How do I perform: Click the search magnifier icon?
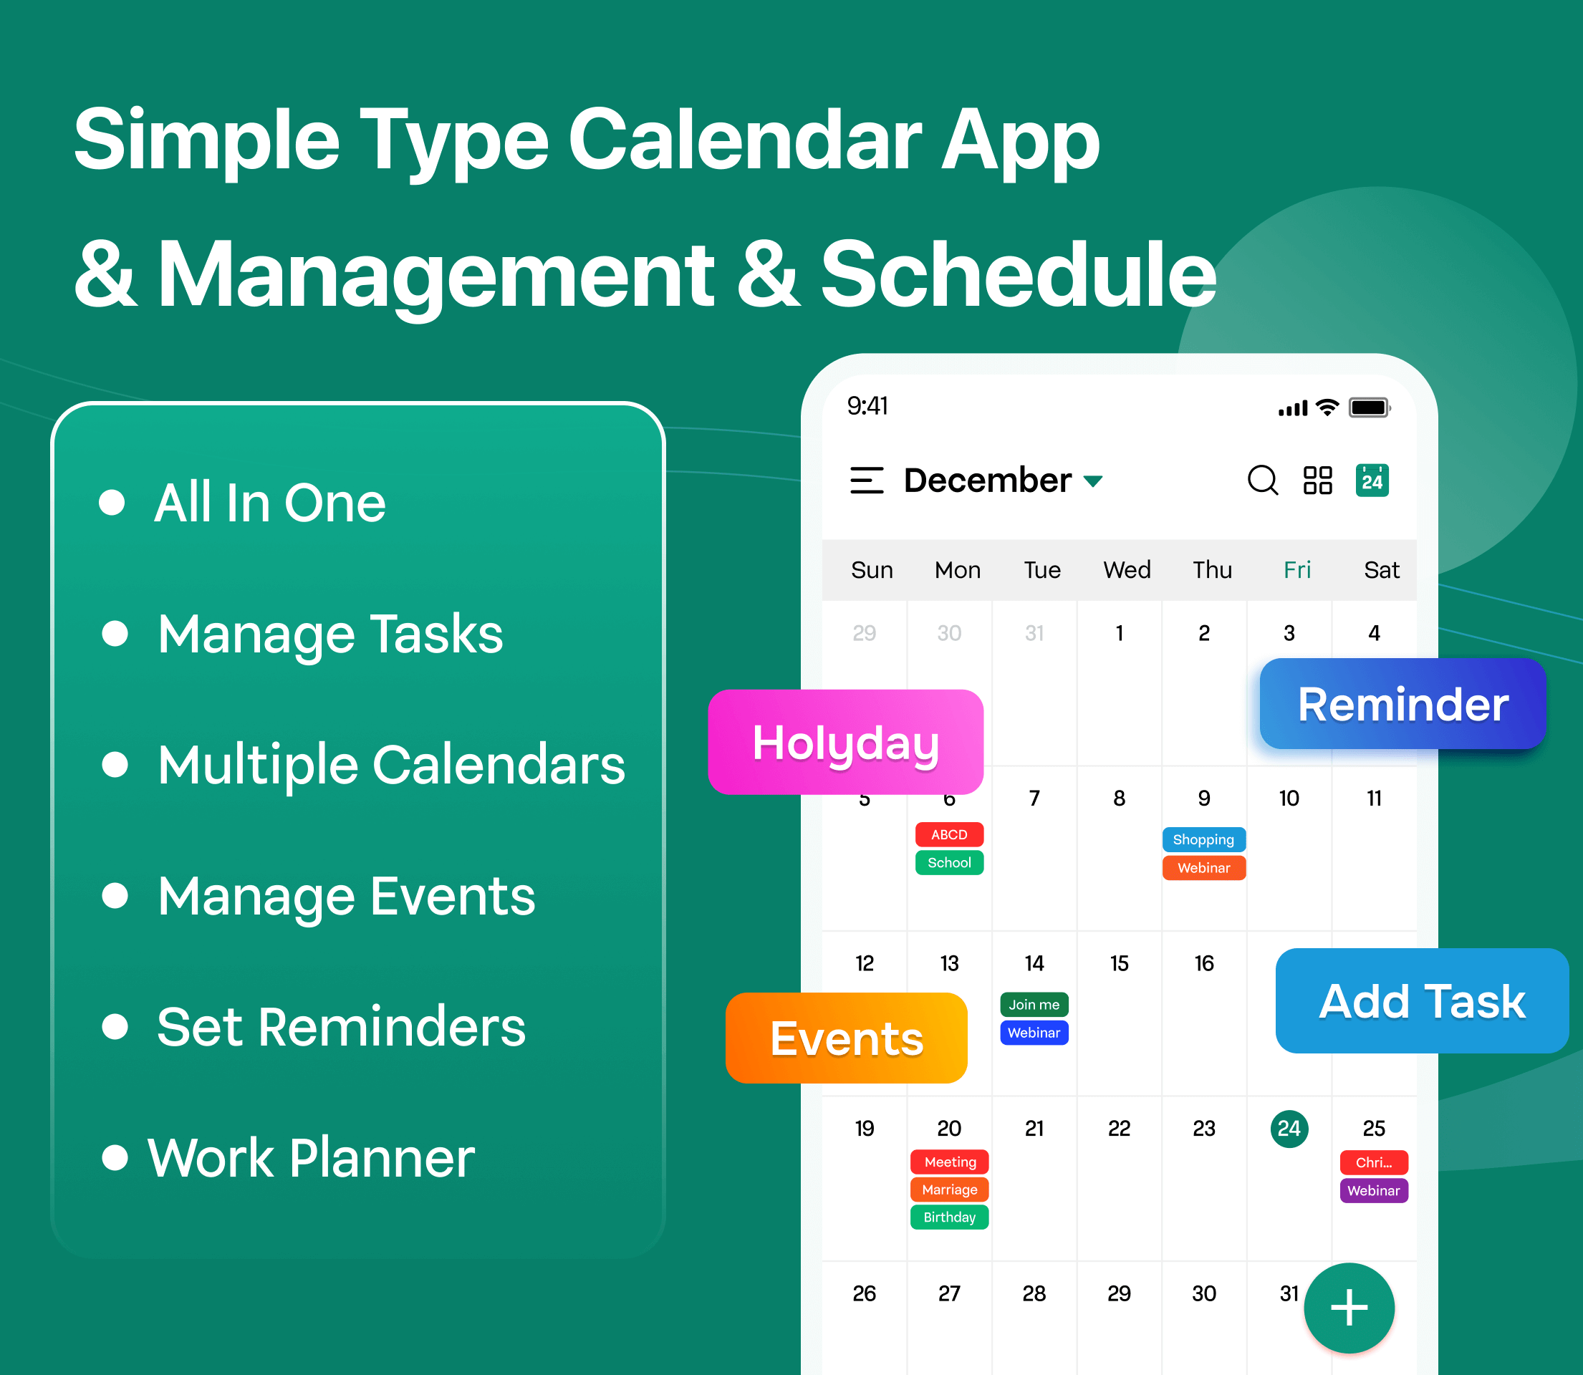click(1262, 481)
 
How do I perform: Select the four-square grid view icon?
click(1317, 481)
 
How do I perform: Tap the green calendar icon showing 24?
click(1372, 481)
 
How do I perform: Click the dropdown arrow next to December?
click(1092, 481)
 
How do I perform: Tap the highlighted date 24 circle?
click(1289, 1129)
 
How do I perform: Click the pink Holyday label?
click(846, 742)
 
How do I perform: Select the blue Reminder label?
click(1402, 703)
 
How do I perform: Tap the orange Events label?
click(847, 1038)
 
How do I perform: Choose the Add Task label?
click(1422, 1000)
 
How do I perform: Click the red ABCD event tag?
click(949, 834)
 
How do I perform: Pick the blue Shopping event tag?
click(1204, 839)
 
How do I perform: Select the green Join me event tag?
click(1034, 1004)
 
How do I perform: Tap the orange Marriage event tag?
click(950, 1190)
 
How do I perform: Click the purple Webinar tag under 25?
click(1375, 1191)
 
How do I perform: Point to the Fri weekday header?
click(1297, 570)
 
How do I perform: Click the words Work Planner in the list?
click(311, 1158)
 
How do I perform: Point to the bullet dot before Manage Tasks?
click(115, 634)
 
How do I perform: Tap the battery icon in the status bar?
click(1370, 407)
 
